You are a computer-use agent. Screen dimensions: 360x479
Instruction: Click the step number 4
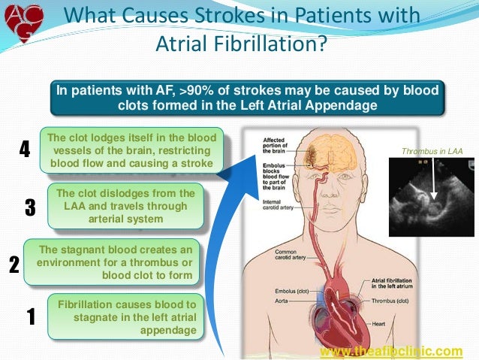(x=24, y=150)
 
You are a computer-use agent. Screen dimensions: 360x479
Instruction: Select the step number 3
(x=30, y=207)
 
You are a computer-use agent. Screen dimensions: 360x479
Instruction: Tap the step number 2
(x=14, y=264)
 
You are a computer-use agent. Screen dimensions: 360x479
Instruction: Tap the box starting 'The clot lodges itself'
(x=131, y=150)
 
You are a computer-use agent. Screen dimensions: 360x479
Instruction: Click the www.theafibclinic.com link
(x=391, y=351)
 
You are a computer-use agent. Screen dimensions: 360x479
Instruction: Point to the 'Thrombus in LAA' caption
(x=432, y=152)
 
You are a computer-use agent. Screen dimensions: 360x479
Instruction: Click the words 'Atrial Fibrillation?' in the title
(x=241, y=45)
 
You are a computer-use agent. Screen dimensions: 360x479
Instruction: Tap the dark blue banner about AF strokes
(x=247, y=98)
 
